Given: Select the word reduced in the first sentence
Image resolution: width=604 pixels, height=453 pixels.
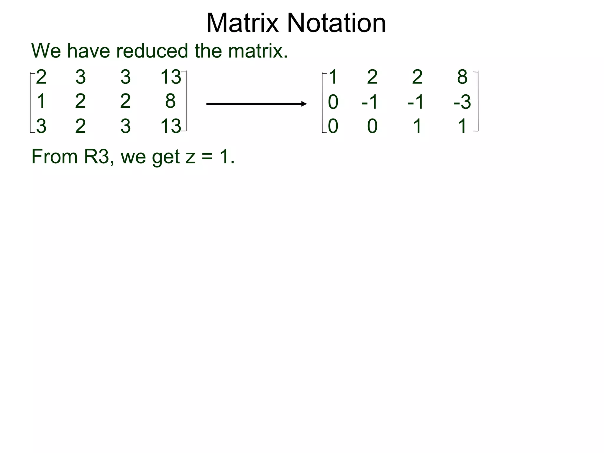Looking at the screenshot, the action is [x=152, y=51].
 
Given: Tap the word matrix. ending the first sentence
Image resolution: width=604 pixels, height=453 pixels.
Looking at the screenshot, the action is [x=258, y=51].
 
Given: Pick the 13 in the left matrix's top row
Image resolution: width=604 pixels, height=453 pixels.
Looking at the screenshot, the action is [x=170, y=77].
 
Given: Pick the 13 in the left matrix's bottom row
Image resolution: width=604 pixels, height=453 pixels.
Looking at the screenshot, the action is [x=170, y=126].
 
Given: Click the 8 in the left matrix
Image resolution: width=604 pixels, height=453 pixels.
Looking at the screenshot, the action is [x=170, y=101].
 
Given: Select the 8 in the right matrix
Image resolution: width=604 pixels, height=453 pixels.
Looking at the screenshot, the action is [x=462, y=77].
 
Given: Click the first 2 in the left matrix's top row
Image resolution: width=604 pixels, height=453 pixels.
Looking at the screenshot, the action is [x=41, y=77].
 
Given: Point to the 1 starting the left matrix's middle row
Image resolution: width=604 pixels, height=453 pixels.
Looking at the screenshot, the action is [x=41, y=101].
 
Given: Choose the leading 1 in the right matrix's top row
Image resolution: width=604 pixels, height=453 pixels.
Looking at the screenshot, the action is [x=333, y=77].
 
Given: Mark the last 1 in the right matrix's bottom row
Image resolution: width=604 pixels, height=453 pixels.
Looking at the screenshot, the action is [x=462, y=126].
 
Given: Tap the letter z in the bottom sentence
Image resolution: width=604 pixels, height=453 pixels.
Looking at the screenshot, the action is [x=191, y=157].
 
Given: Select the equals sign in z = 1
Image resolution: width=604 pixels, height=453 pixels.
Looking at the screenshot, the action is [x=207, y=157].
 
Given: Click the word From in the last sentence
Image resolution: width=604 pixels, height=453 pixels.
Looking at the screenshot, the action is [x=54, y=157].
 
